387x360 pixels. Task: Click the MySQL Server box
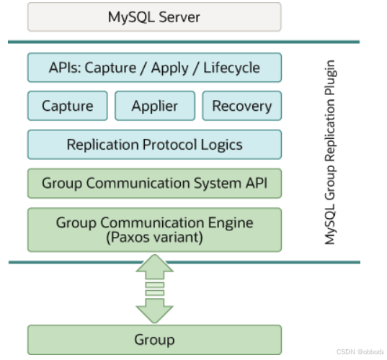pos(154,17)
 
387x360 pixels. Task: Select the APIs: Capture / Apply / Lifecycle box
pos(154,68)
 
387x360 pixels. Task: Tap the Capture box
pos(67,106)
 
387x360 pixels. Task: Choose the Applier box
pos(154,106)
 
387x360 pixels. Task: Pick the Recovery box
pos(241,106)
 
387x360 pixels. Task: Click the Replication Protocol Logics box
pos(154,145)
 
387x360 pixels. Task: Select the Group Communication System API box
pos(154,183)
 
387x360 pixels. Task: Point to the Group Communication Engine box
pos(154,229)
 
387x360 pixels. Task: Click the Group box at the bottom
pos(154,339)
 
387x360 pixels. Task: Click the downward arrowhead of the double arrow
pos(154,311)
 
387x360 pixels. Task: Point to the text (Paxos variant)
pos(154,236)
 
